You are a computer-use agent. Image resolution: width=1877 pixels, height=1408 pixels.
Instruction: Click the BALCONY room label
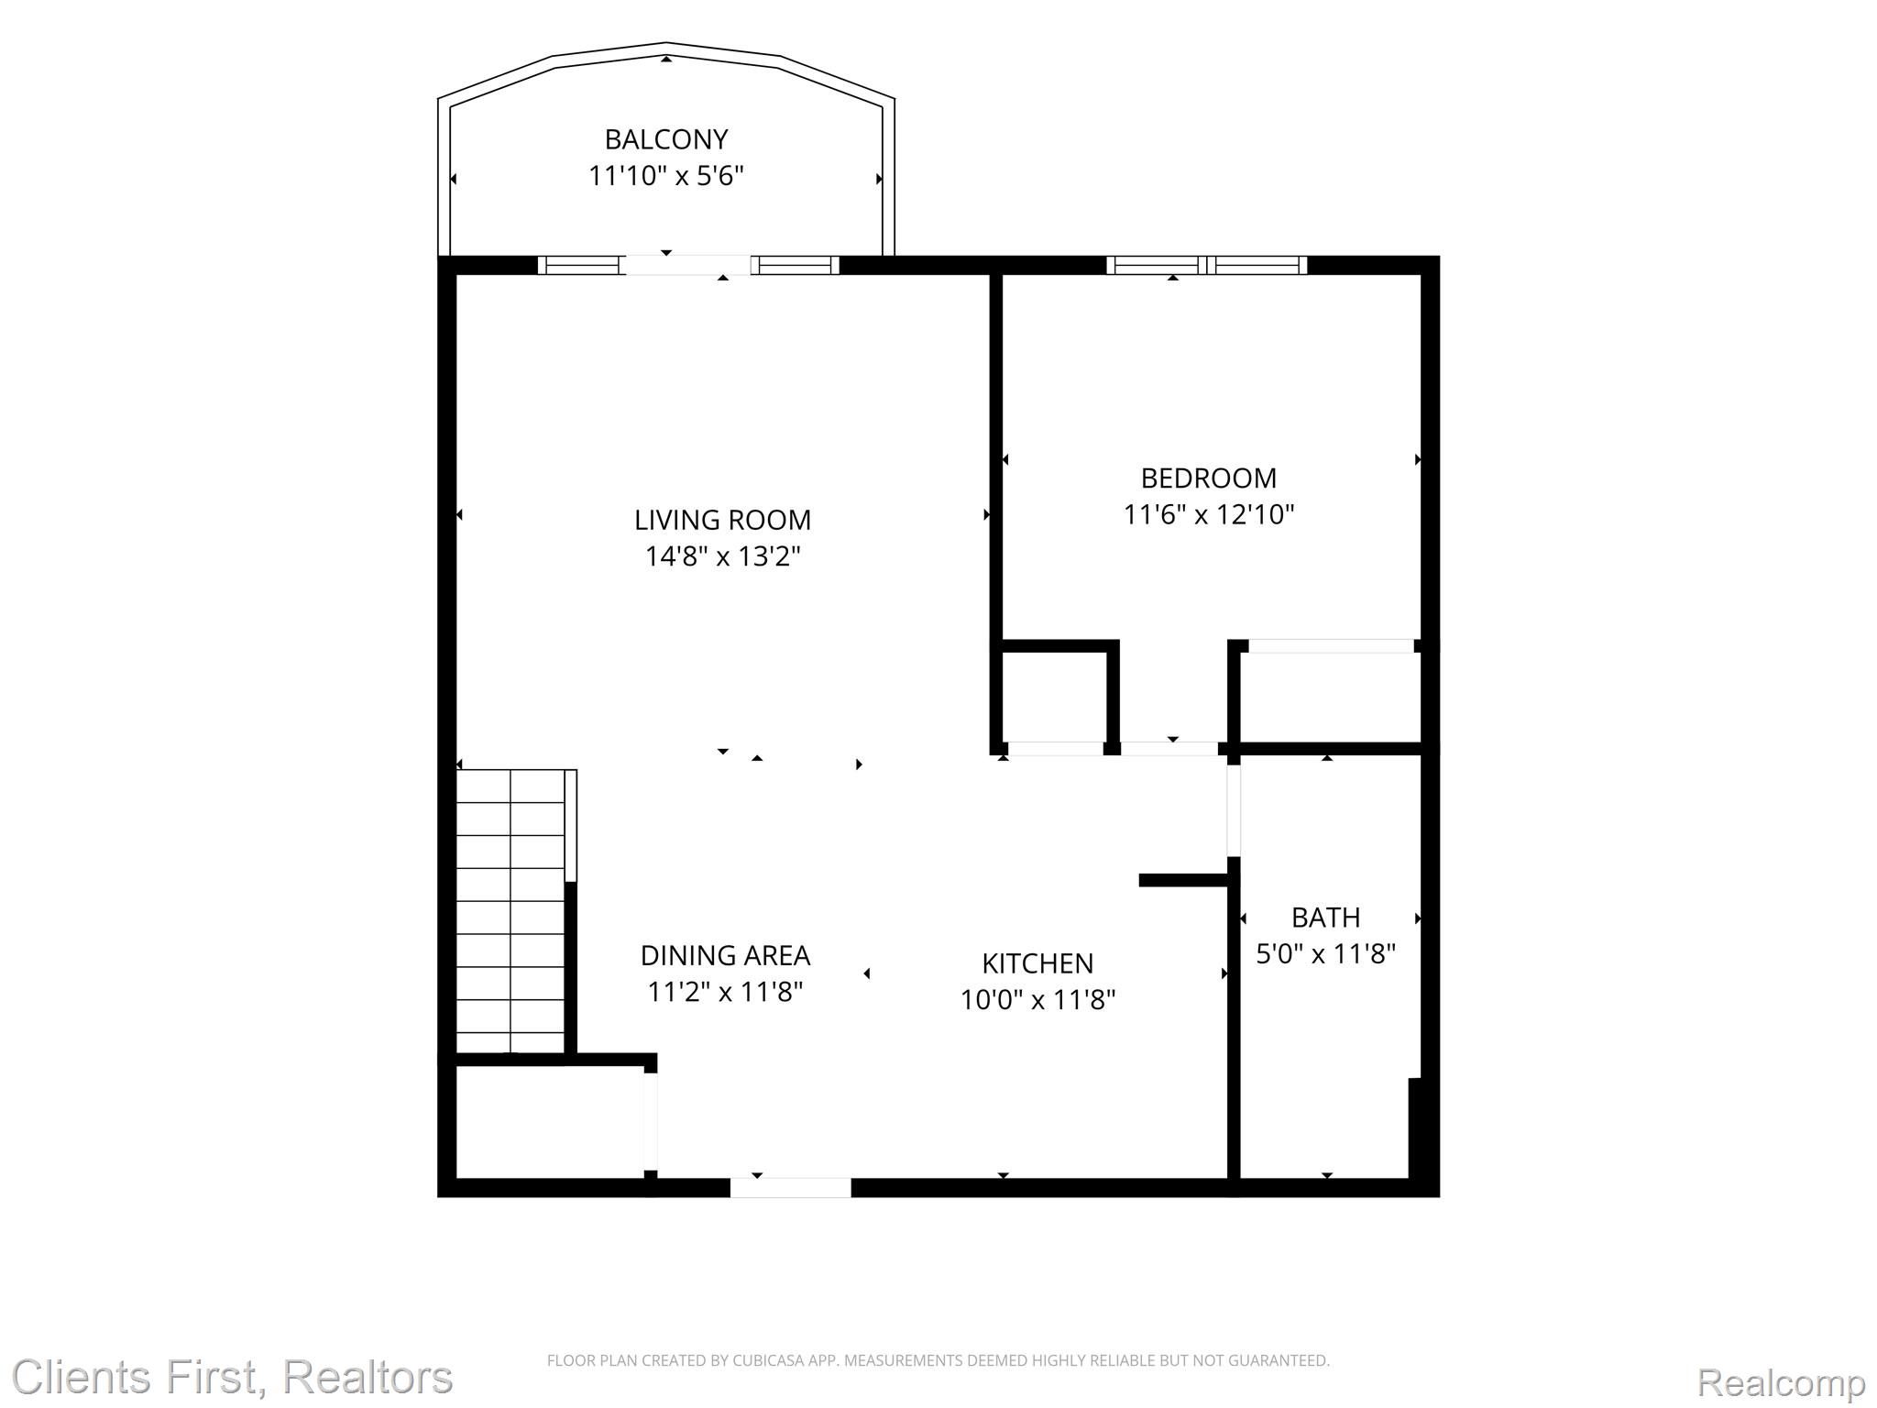click(x=666, y=139)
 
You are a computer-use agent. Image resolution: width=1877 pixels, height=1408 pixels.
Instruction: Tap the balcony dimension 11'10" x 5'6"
click(x=666, y=175)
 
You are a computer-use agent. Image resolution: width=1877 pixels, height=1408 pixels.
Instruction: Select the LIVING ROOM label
click(x=723, y=520)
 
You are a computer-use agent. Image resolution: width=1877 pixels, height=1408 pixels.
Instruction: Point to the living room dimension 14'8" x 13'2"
click(x=723, y=556)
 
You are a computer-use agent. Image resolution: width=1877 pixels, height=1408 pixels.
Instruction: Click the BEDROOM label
click(x=1209, y=478)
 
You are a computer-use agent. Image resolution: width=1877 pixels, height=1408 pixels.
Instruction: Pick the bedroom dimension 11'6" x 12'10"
click(x=1209, y=514)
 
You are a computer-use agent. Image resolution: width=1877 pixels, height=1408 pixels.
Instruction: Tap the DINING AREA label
click(x=725, y=955)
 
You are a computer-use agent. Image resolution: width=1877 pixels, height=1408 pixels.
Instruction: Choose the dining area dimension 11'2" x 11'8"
click(x=725, y=992)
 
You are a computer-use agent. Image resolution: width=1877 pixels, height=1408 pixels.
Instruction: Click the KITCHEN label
click(x=1037, y=963)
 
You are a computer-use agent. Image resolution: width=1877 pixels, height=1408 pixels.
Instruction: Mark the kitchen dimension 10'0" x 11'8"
click(x=1037, y=999)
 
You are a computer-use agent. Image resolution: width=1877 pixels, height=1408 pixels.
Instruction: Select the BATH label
click(x=1325, y=918)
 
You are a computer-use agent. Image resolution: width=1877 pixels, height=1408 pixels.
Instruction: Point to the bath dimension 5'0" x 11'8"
click(x=1325, y=954)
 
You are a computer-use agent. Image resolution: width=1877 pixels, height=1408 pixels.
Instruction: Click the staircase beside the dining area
click(x=510, y=912)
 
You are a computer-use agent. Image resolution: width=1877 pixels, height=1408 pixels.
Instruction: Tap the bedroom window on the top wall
click(x=1207, y=265)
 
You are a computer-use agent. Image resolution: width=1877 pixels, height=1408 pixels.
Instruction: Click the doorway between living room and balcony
click(x=687, y=265)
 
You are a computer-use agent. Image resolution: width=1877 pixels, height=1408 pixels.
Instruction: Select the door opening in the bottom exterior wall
click(x=790, y=1187)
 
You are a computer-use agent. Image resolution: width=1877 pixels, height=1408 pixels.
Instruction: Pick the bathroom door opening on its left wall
click(x=1234, y=810)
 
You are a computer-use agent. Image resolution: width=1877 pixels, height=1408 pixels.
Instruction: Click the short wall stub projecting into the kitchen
click(x=1184, y=880)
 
